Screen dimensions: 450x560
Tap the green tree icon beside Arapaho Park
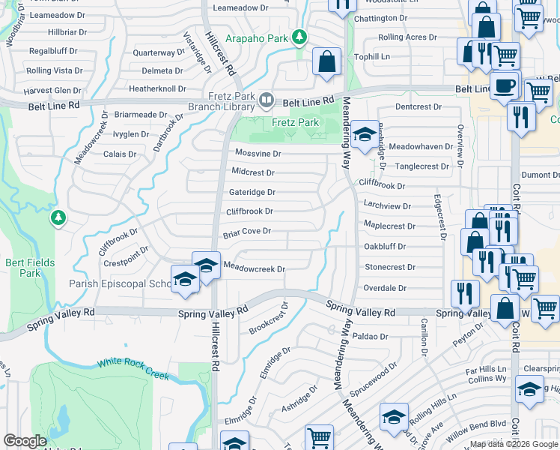tap(299, 37)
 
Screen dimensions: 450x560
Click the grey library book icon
tap(266, 100)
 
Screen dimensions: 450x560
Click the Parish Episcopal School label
tap(120, 284)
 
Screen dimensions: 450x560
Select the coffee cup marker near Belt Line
tap(504, 84)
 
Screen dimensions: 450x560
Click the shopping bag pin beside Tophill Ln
tap(327, 62)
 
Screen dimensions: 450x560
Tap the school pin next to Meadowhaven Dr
tap(365, 135)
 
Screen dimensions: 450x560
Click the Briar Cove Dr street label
tap(246, 232)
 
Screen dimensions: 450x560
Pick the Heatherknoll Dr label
tap(157, 88)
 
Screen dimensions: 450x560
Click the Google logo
tap(25, 441)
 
